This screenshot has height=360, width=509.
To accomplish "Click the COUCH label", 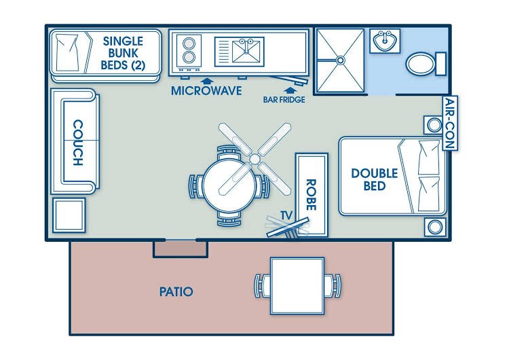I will pos(77,143).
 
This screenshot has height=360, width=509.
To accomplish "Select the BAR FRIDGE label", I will pos(284,99).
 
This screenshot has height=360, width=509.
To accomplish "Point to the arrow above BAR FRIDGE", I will pos(290,88).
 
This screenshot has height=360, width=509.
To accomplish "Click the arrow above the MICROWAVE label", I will pos(199,79).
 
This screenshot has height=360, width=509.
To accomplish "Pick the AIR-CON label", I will pos(449,124).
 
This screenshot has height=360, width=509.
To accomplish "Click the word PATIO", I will pos(176,292).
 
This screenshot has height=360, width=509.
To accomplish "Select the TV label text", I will pos(286,215).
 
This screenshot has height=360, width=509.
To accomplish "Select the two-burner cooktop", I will pos(189,50).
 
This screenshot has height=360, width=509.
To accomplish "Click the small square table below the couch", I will pos(69,216).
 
